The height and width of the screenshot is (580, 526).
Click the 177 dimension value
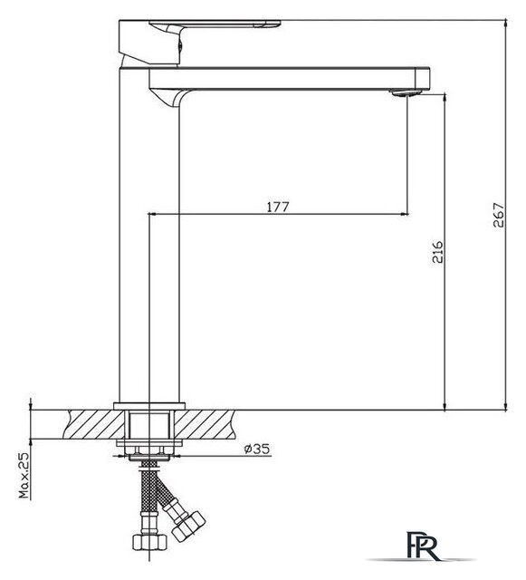pyautogui.click(x=278, y=207)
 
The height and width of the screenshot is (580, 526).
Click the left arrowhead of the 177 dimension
pyautogui.click(x=151, y=215)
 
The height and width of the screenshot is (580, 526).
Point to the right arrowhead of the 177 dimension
pyautogui.click(x=404, y=215)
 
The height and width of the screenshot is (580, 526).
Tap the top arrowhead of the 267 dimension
pyautogui.click(x=504, y=19)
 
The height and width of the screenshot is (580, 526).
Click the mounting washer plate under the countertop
pyautogui.click(x=150, y=446)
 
